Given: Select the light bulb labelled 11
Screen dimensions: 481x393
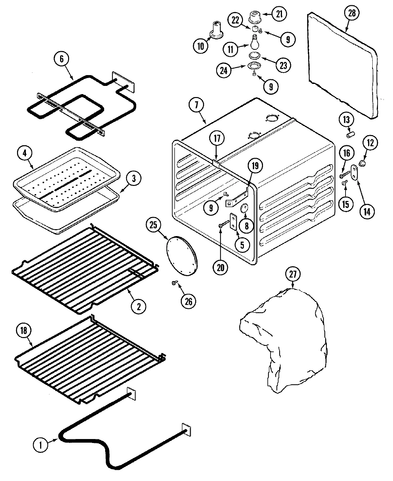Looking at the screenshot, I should click(x=254, y=42).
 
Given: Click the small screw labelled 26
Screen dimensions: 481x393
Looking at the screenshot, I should click(x=174, y=283).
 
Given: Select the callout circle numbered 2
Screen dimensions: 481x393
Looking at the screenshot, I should click(x=138, y=307).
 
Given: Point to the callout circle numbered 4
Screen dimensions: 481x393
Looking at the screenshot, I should click(x=26, y=153).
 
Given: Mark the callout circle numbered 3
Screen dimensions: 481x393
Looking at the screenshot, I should click(x=127, y=179).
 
